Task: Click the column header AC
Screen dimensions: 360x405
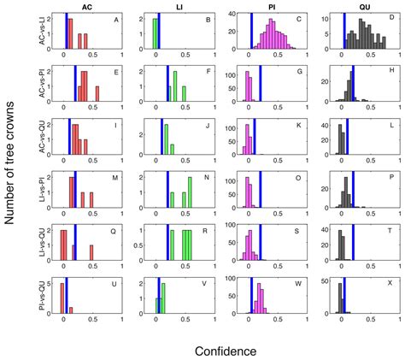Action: pos(89,6)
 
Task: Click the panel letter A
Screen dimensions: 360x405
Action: pos(115,19)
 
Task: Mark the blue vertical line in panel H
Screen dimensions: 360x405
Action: pos(354,85)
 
